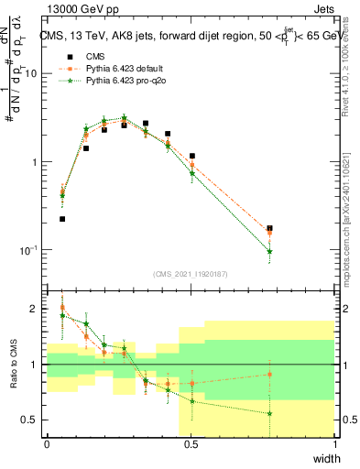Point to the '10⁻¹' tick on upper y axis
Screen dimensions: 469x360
[x=29, y=250]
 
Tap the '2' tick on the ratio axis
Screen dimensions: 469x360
[x=35, y=309]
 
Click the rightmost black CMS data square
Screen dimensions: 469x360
[x=269, y=228]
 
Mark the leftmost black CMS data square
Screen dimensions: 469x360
[x=62, y=219]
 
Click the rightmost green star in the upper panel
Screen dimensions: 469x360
[x=269, y=251]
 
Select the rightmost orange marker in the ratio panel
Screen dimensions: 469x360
[x=269, y=374]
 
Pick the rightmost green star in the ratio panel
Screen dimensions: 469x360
[x=269, y=413]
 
